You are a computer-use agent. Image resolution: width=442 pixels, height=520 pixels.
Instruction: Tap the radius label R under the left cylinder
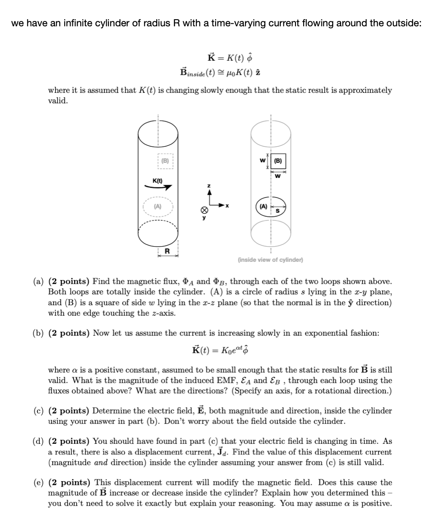coord(167,252)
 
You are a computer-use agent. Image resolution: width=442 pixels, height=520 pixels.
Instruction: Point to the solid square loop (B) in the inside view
coord(278,161)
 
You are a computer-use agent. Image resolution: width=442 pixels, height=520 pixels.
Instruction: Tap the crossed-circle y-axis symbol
coord(204,210)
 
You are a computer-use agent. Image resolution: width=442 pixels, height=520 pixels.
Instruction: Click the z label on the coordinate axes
coord(207,185)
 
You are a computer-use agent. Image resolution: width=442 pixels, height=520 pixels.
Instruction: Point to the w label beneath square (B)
coord(278,175)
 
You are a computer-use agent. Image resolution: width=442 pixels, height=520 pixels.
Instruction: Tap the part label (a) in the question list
coord(38,282)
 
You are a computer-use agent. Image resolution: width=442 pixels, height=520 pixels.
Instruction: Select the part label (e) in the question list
coord(38,483)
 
